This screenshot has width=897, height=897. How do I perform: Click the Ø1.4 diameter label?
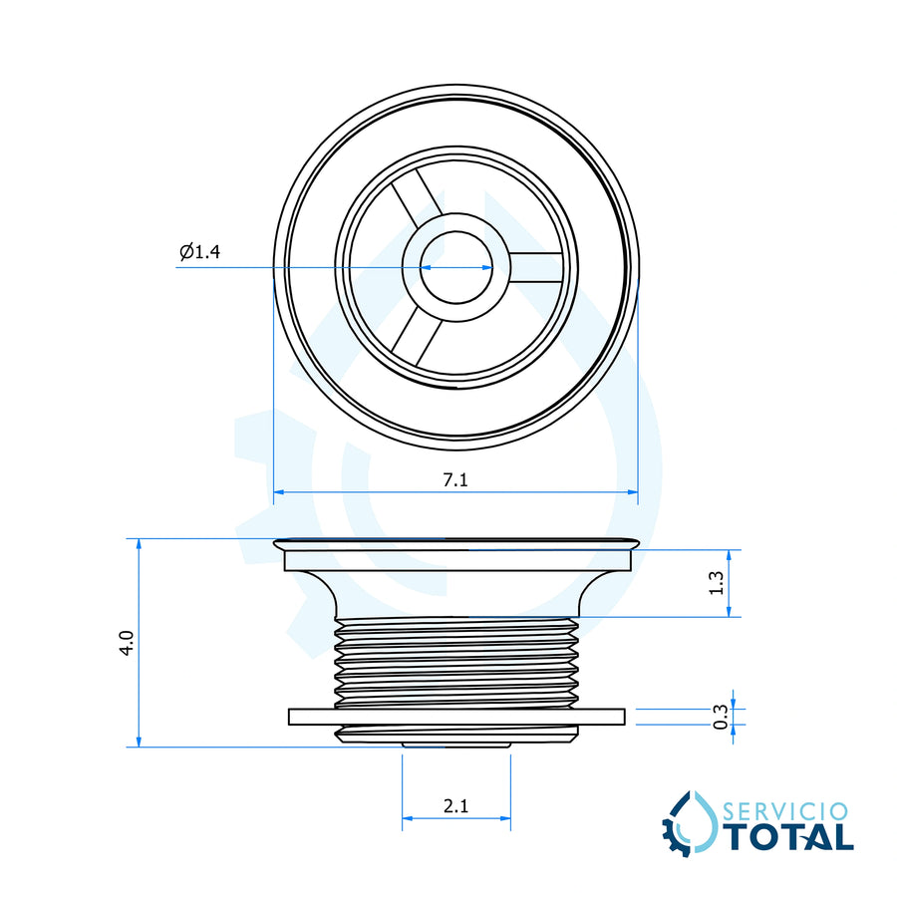(x=199, y=252)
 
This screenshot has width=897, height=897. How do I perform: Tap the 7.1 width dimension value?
(x=455, y=479)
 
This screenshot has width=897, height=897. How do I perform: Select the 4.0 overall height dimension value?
(x=127, y=643)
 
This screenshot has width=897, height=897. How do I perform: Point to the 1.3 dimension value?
(x=717, y=583)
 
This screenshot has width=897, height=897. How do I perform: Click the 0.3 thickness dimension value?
(x=722, y=717)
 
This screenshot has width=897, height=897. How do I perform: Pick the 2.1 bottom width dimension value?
(x=455, y=806)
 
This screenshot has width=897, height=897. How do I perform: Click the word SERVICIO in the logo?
(x=785, y=811)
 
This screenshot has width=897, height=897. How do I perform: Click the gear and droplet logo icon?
(x=690, y=823)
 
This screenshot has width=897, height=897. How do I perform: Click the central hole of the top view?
(x=455, y=267)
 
